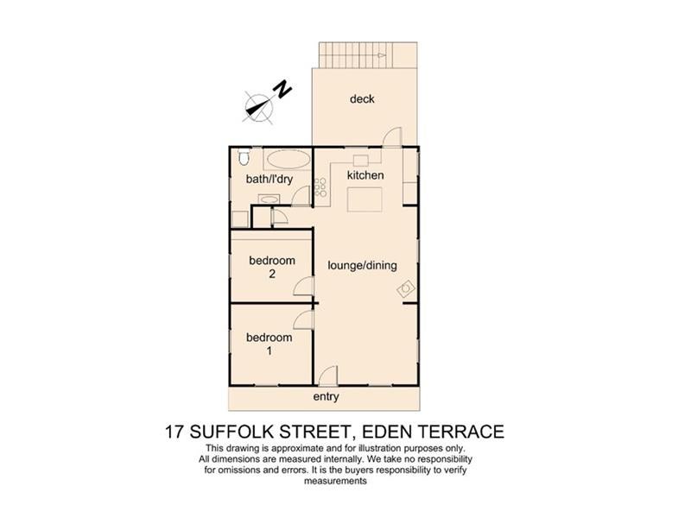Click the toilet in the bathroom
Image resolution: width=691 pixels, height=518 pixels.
click(243, 157)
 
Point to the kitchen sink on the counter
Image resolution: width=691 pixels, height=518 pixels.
click(360, 161)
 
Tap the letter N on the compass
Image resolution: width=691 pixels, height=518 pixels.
click(280, 88)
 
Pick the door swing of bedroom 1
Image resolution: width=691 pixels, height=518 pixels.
click(304, 320)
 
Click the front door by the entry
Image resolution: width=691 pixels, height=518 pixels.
click(326, 377)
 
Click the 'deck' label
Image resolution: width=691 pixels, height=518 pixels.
click(362, 99)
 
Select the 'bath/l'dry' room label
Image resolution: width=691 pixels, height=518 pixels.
click(269, 180)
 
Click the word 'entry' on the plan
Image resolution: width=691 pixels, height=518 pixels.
click(326, 397)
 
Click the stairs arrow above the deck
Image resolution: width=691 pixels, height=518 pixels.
click(362, 57)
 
